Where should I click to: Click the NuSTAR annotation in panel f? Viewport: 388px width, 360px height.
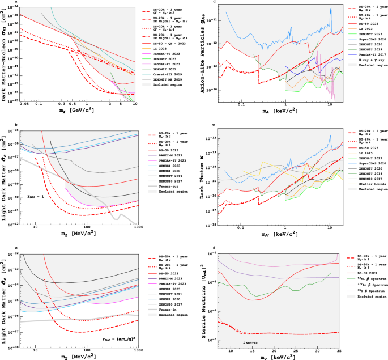[x=250, y=344]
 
